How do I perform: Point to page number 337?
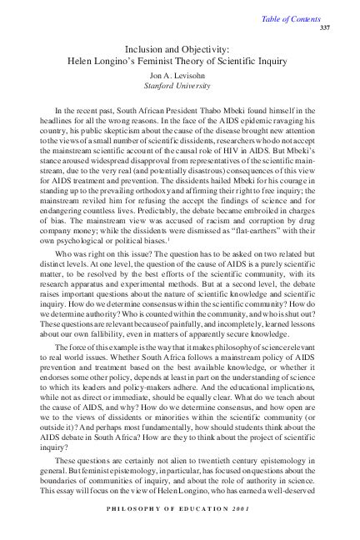[326, 27]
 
